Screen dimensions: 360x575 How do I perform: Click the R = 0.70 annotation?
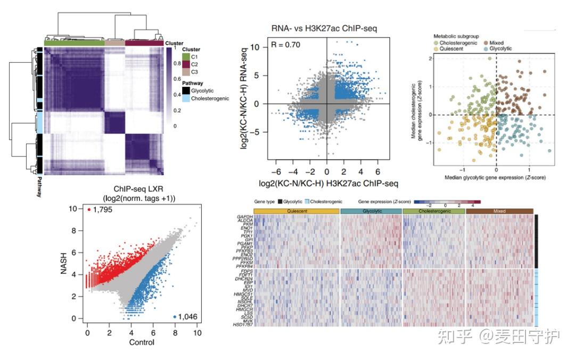click(x=286, y=45)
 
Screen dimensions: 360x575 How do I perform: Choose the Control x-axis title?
click(x=142, y=342)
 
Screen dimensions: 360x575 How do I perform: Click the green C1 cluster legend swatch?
click(x=186, y=56)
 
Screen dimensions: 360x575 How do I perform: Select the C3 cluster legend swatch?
click(x=186, y=71)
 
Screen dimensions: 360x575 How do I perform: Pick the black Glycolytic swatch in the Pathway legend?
click(x=186, y=91)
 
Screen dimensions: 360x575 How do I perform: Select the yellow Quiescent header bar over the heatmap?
click(x=297, y=211)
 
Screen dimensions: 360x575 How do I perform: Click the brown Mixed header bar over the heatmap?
click(x=499, y=211)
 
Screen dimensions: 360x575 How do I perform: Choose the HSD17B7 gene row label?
click(x=242, y=324)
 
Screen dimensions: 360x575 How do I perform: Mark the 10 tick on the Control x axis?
click(x=197, y=332)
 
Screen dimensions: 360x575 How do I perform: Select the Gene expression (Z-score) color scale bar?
click(x=446, y=202)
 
